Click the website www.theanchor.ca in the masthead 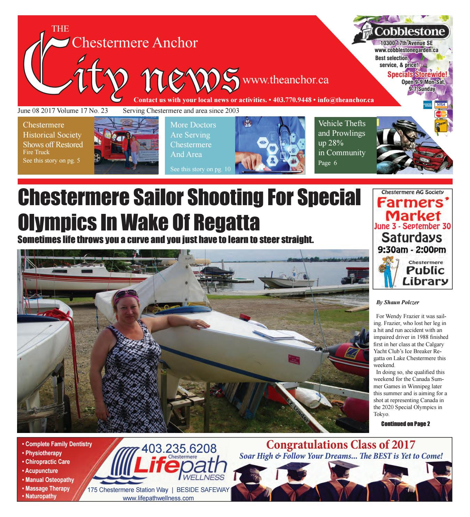[286, 80]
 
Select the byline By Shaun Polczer [398, 302]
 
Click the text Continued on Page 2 [406, 424]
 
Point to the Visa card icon [441, 105]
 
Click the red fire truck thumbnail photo [126, 145]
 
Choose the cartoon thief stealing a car [414, 145]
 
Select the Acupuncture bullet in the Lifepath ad [42, 471]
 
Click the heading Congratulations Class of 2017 [341, 445]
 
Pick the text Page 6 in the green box [328, 162]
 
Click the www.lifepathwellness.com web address [158, 499]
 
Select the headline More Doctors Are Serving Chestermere [193, 140]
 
